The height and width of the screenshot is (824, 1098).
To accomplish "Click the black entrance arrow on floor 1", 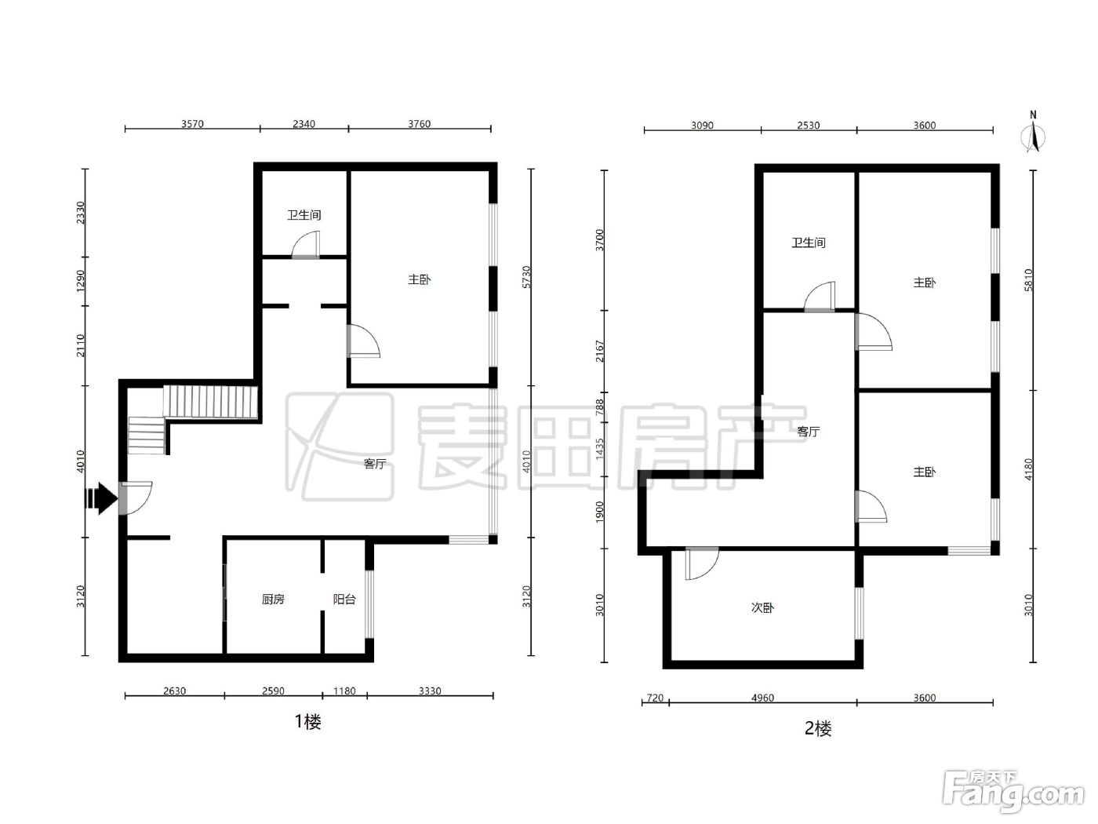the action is click(x=101, y=498).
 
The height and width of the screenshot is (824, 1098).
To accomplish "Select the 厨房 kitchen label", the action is click(x=273, y=599).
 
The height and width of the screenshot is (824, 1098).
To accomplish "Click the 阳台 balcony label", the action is click(x=344, y=599).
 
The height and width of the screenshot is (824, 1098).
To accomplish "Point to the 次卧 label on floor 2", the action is click(x=762, y=607).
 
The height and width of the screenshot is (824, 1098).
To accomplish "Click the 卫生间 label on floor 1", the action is click(x=304, y=215).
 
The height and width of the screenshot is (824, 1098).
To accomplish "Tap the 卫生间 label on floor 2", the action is click(x=809, y=242).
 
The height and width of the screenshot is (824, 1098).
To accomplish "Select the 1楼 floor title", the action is click(x=307, y=721).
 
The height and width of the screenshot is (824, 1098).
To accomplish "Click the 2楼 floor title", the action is click(x=818, y=728).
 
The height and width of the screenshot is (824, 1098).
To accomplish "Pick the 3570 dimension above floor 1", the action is click(x=193, y=123).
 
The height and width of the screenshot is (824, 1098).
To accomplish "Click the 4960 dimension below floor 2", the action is click(x=762, y=698).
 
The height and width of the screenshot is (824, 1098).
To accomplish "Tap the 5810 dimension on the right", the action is click(x=1028, y=280).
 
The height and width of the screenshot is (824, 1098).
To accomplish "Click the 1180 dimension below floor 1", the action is click(x=344, y=691).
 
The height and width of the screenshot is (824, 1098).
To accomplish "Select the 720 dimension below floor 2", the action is click(x=655, y=698).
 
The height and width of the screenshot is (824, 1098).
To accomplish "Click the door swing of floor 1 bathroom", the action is click(x=306, y=245).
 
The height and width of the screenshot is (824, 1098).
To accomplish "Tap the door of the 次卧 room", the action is click(x=702, y=563).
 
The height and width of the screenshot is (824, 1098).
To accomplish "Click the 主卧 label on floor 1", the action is click(x=419, y=279).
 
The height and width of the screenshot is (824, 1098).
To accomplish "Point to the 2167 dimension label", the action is click(x=600, y=352).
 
